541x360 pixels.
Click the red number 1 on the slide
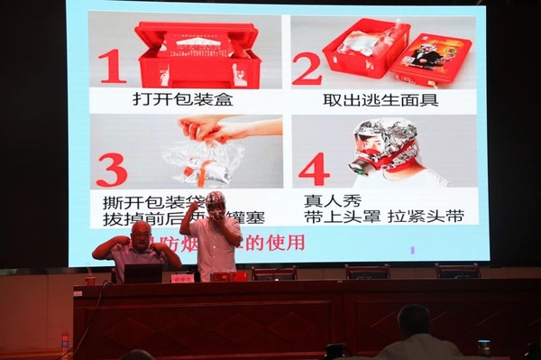click(x=112, y=66)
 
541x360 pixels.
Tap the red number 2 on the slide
click(x=307, y=69)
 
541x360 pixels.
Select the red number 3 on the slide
click(x=111, y=170)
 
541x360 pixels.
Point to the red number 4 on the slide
click(x=313, y=169)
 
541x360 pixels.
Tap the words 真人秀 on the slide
click(x=327, y=201)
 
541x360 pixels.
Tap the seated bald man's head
click(x=141, y=234)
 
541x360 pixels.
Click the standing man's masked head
click(x=215, y=205)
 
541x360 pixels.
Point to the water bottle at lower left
click(x=64, y=344)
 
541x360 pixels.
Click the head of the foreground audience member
click(x=414, y=320)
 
